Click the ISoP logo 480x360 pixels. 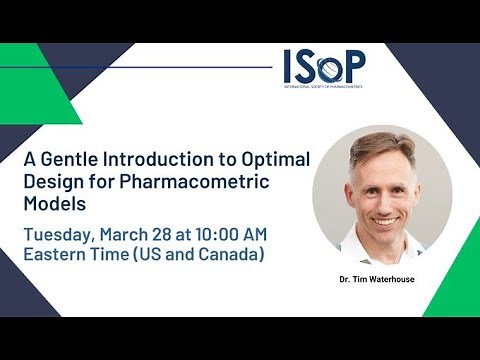tap(324, 70)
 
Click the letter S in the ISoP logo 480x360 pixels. tap(310, 68)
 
